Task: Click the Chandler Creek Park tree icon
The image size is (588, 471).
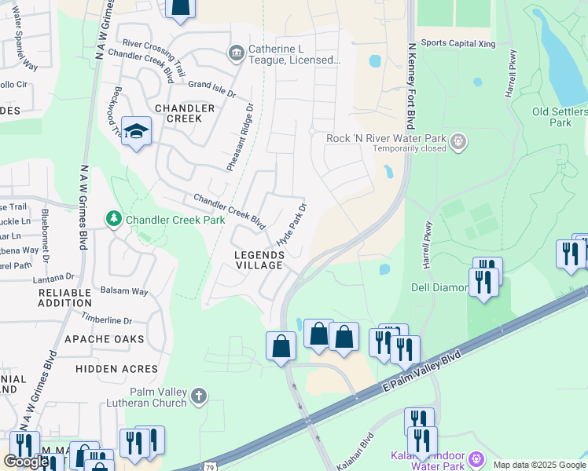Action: (114, 217)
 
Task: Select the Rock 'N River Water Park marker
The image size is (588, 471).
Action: (459, 142)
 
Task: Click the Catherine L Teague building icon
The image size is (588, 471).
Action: (235, 53)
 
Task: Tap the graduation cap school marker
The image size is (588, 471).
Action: (136, 132)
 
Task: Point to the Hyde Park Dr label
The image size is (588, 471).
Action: (291, 225)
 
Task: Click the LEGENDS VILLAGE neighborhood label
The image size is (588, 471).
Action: (259, 261)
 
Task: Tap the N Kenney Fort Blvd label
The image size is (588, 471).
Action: (410, 86)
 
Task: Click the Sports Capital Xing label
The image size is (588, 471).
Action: (458, 43)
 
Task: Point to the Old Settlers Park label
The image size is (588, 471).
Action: (560, 117)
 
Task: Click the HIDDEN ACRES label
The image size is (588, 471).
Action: (116, 368)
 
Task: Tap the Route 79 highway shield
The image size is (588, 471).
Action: (208, 466)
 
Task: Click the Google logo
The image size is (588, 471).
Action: (26, 462)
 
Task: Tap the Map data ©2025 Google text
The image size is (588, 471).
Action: (538, 465)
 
